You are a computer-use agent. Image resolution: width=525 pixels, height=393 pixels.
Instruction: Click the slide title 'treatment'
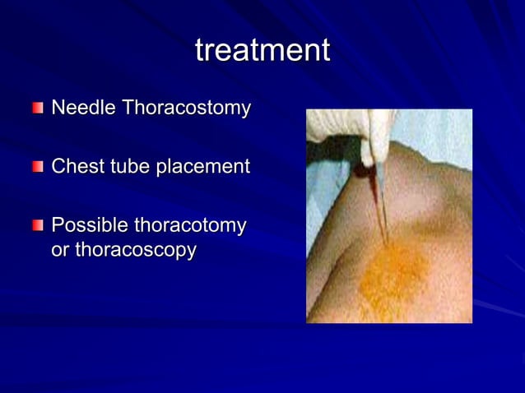click(x=262, y=50)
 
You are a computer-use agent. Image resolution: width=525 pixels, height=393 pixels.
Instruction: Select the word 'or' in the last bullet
click(x=60, y=250)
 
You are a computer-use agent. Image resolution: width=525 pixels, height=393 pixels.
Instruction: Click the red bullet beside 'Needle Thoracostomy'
click(x=39, y=109)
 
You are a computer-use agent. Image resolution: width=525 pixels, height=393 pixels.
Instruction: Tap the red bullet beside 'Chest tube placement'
click(x=39, y=167)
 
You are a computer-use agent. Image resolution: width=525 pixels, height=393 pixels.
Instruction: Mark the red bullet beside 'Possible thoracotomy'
click(x=39, y=225)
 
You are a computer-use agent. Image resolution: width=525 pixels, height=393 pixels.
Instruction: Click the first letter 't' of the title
click(x=200, y=50)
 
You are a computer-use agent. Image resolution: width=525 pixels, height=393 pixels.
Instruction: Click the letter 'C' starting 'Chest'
click(x=58, y=166)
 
